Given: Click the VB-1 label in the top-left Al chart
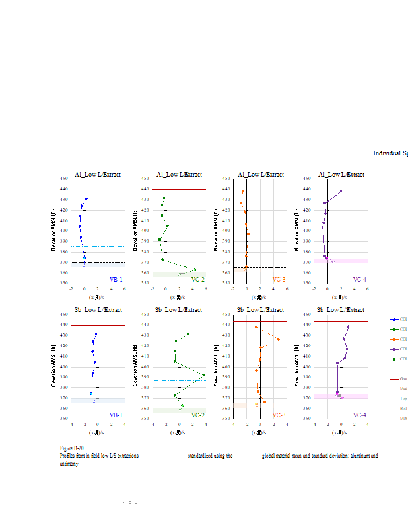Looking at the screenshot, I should pos(116,280).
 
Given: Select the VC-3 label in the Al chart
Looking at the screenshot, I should pos(279,280).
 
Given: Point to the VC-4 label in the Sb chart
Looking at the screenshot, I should pos(359,415).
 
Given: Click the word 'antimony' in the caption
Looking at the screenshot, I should pos(69,464).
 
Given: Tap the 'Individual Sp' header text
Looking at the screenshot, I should pos(390,153).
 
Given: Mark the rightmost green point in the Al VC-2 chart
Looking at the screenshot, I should pos(195,269).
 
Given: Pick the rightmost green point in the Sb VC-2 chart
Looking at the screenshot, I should pos(204,375).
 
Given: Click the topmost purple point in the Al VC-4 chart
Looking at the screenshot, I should pos(341,191).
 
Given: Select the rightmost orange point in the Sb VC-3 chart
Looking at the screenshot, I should pos(279,339).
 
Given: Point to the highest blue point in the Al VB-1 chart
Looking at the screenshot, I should pos(86,198).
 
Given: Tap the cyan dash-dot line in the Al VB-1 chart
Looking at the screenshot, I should pos(99,246).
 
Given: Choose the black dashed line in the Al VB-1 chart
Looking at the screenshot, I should pos(99,263).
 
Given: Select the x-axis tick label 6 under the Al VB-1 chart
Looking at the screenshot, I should pos(124,288).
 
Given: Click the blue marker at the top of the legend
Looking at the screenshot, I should pos(395,319).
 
